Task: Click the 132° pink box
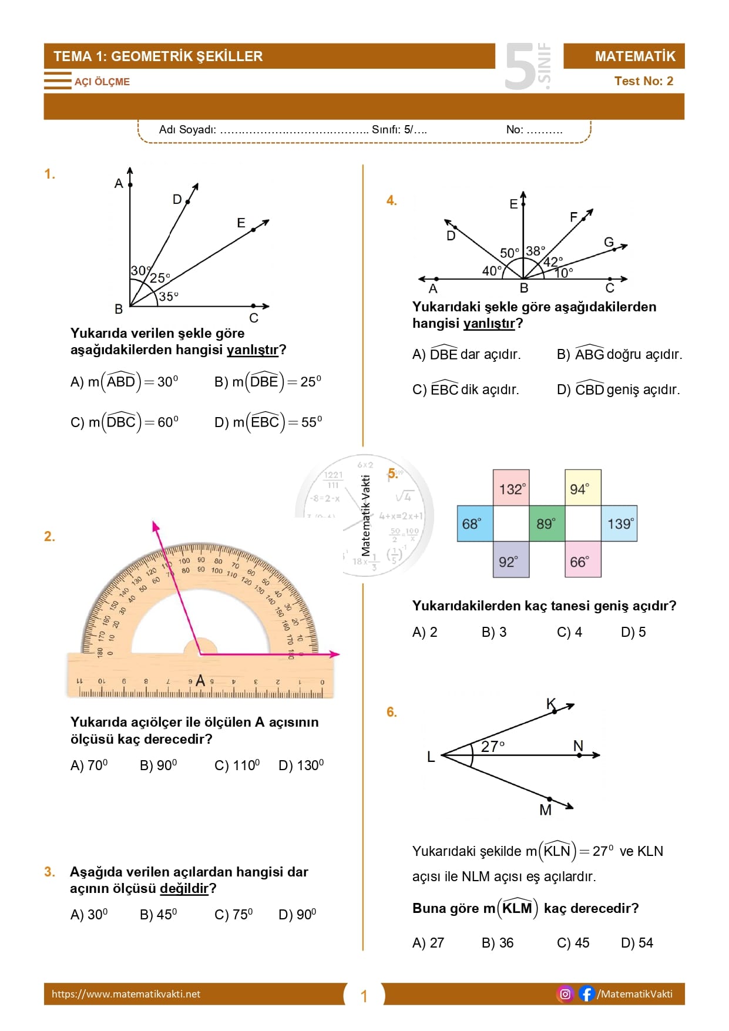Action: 511,488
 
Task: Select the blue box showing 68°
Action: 475,523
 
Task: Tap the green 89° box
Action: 546,523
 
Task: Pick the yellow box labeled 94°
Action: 582,488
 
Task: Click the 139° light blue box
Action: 619,523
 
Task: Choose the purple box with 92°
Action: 511,560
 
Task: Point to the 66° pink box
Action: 582,560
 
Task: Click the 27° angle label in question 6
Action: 492,746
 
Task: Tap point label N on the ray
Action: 578,745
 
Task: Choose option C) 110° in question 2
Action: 237,765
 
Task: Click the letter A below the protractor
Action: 200,681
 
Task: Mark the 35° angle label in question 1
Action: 169,297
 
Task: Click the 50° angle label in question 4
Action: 509,253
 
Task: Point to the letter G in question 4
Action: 609,242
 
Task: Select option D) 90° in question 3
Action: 297,915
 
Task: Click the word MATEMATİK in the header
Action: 635,56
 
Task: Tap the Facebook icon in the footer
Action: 586,994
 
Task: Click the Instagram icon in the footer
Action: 565,994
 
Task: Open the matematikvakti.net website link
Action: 126,994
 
